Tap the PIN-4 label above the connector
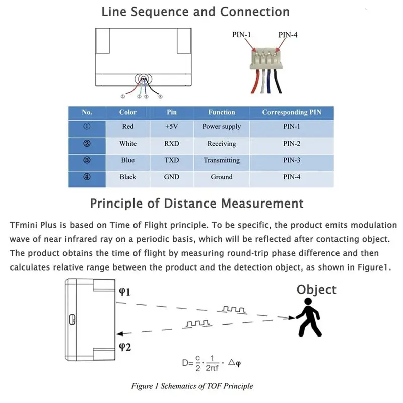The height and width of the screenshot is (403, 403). click(x=288, y=34)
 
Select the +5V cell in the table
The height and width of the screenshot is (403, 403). click(x=171, y=127)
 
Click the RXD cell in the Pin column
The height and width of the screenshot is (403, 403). click(x=171, y=144)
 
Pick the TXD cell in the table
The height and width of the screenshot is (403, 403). click(x=171, y=160)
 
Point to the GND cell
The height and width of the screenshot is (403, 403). click(x=171, y=177)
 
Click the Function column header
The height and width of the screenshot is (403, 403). click(x=222, y=112)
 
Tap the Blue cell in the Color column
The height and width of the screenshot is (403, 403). click(x=128, y=160)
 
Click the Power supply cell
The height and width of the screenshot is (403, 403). click(x=222, y=127)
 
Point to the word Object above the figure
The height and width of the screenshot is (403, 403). click(x=316, y=290)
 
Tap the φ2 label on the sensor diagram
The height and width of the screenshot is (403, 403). click(x=124, y=346)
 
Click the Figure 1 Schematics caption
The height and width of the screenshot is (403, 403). click(x=192, y=386)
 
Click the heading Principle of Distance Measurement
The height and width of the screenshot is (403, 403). click(x=196, y=204)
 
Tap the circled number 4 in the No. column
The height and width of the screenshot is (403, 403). click(x=87, y=177)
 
